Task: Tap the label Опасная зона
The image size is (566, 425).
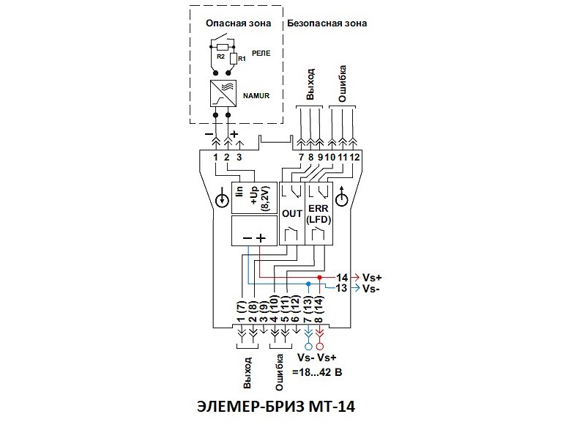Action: (x=238, y=23)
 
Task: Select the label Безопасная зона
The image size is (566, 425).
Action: (x=327, y=23)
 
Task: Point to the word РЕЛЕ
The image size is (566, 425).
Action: (x=261, y=53)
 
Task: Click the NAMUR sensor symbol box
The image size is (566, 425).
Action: (x=226, y=95)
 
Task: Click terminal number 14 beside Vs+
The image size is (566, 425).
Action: (x=342, y=278)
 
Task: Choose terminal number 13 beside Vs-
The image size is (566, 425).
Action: (x=342, y=289)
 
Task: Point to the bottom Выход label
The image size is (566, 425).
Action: (x=249, y=372)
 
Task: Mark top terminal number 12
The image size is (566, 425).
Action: (x=354, y=158)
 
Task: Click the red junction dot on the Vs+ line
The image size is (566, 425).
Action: (x=319, y=278)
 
